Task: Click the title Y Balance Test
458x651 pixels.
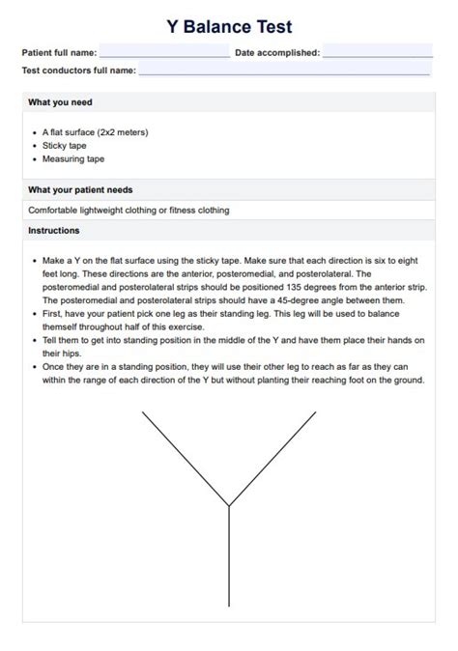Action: [229, 27]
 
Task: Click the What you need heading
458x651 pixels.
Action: [60, 102]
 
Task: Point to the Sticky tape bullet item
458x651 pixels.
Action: [65, 145]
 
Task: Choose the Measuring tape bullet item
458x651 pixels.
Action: [73, 158]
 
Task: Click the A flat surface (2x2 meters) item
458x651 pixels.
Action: [96, 131]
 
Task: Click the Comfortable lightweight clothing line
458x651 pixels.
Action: [129, 210]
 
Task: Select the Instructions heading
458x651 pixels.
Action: [54, 231]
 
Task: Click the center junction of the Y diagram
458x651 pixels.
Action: [229, 505]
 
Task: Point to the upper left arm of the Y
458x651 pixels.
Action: [186, 458]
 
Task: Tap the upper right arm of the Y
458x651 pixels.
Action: [272, 458]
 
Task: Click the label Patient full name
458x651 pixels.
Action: [59, 53]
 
